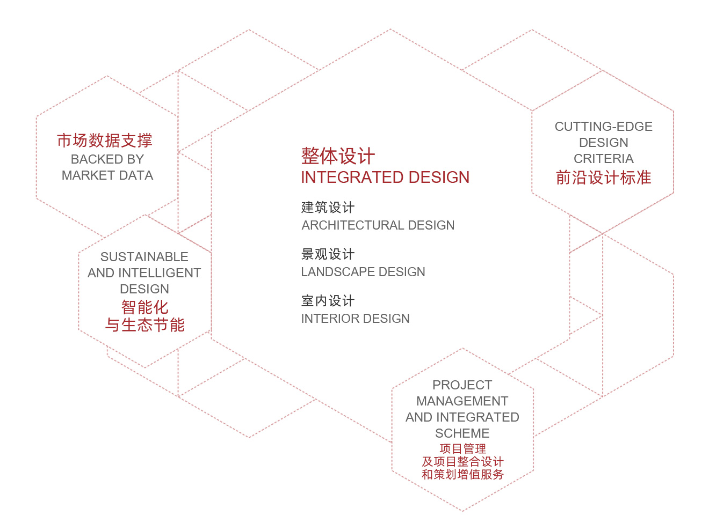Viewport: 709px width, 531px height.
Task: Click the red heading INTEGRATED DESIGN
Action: (x=385, y=178)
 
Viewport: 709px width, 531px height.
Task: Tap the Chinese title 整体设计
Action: (x=338, y=156)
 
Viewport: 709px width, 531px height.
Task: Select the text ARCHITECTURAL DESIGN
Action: (x=378, y=225)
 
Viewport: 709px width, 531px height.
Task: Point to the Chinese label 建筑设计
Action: (x=328, y=208)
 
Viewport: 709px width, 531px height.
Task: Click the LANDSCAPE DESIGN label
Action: (x=363, y=272)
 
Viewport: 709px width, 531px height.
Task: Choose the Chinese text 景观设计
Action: (x=328, y=254)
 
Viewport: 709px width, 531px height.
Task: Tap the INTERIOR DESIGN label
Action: (x=356, y=319)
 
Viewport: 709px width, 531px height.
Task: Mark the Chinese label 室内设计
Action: (x=328, y=301)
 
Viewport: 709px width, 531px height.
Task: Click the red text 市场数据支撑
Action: (x=105, y=141)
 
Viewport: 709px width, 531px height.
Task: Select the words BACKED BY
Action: (x=107, y=159)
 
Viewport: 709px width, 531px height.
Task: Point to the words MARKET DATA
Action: (x=107, y=175)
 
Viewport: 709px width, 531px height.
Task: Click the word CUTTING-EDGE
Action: (x=603, y=127)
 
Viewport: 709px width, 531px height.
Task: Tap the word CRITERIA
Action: (x=603, y=159)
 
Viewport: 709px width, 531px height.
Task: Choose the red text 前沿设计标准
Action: (x=603, y=178)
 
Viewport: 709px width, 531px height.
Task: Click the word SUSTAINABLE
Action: (x=144, y=256)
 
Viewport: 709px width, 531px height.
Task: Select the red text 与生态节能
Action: (x=144, y=324)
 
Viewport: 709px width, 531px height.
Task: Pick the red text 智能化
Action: (x=144, y=307)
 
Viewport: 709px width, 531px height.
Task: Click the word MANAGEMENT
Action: (x=462, y=401)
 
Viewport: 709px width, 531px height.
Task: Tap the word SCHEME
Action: (x=462, y=433)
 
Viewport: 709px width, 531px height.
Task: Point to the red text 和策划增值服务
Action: (x=462, y=474)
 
